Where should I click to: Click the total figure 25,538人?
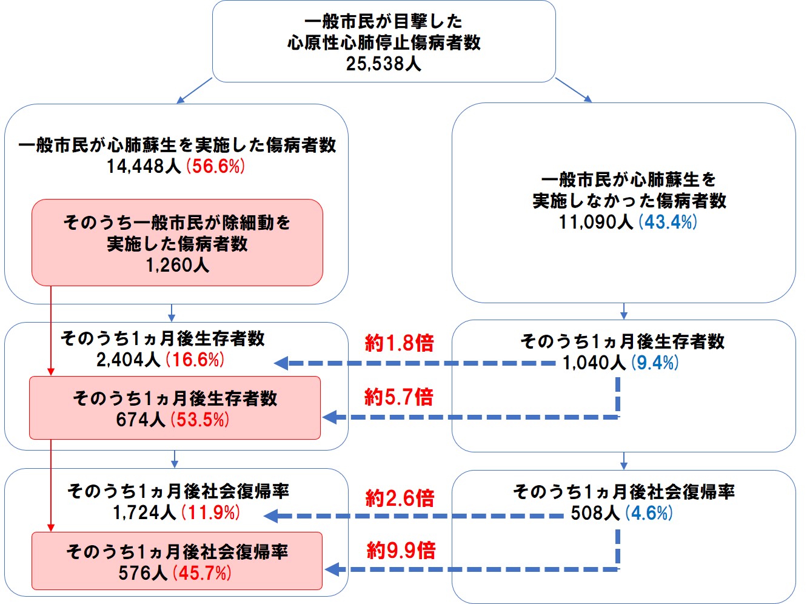coord(383,64)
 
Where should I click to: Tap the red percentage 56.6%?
coord(216,166)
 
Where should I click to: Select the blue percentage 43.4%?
coord(668,222)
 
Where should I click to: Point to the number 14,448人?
coord(144,166)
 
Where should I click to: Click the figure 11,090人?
coord(596,222)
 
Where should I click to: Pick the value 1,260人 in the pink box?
coord(177,265)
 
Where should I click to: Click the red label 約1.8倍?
coord(399,343)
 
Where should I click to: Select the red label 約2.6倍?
coord(400,498)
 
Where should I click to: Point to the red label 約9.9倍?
coord(401,551)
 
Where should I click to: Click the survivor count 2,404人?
coord(128,360)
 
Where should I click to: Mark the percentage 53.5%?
coord(200,420)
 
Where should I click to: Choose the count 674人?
coord(141,420)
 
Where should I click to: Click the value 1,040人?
coord(594,363)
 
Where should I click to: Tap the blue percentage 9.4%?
coord(655,363)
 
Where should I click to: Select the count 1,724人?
coord(144,513)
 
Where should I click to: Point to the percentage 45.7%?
coord(202,573)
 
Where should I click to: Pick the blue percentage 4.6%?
coord(649,514)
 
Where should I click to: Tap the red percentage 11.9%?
coord(211,513)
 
